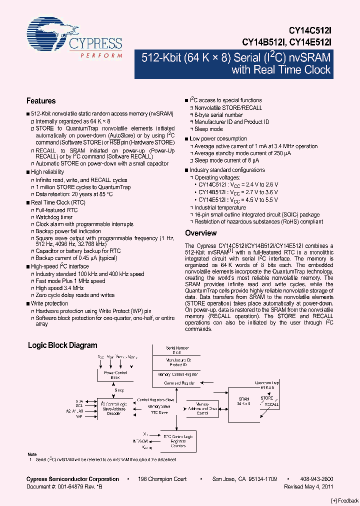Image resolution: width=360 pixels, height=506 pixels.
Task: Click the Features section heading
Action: (x=41, y=101)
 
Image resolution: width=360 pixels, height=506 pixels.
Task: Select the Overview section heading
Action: (x=200, y=233)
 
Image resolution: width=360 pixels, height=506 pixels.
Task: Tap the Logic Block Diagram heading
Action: (x=62, y=345)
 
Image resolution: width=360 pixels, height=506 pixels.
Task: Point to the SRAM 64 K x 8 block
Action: (x=243, y=402)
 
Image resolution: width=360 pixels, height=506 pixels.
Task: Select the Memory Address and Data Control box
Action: (x=202, y=408)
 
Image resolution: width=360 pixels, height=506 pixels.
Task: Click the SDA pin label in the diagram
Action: (x=79, y=401)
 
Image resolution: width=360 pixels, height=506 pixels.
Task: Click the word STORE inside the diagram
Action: (x=267, y=398)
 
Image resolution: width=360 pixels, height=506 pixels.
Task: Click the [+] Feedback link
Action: (x=344, y=500)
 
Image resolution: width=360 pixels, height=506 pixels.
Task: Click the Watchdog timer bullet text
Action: (x=54, y=217)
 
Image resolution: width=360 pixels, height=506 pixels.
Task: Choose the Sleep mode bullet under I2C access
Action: (x=208, y=129)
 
